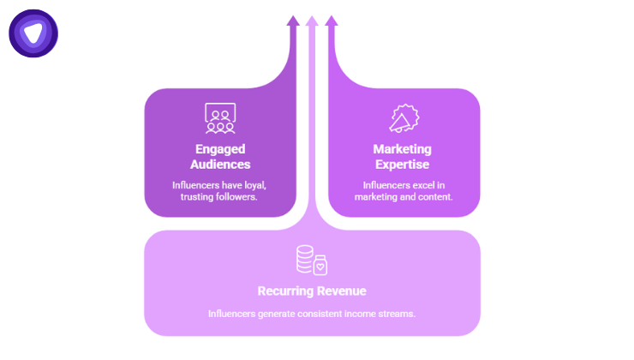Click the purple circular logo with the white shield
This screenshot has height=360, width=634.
(x=33, y=33)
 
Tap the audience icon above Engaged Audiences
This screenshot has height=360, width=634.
(x=220, y=118)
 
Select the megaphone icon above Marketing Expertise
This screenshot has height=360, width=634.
(x=404, y=119)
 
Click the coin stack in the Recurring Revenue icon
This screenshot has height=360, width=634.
(x=303, y=260)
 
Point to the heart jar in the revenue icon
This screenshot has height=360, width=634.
(x=320, y=265)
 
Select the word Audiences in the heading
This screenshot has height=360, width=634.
(x=220, y=164)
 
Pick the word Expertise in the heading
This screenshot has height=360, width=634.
(x=404, y=164)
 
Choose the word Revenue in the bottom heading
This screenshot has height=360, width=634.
(x=341, y=291)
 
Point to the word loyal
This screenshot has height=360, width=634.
(x=254, y=184)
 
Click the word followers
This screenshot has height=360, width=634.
(x=238, y=197)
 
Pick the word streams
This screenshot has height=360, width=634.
(x=398, y=313)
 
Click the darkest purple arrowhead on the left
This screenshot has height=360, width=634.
(x=293, y=21)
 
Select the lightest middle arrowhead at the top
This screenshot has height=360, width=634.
(x=312, y=21)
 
